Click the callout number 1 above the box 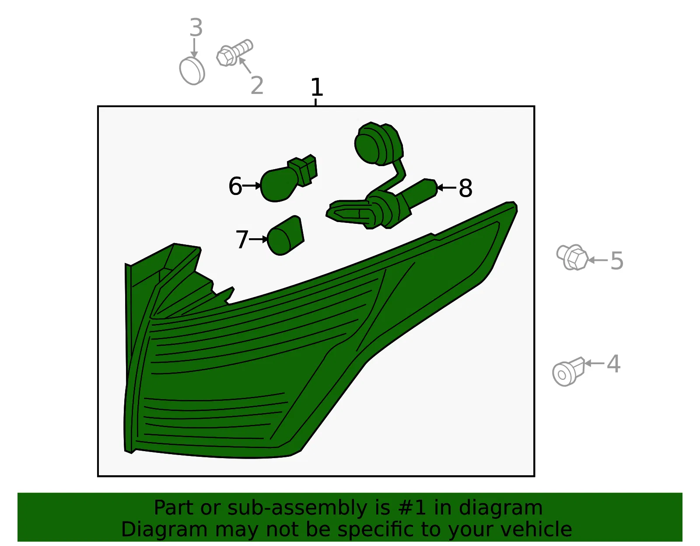click(x=317, y=87)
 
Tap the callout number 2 click(x=257, y=86)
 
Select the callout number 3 click(x=196, y=28)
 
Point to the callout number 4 click(x=613, y=364)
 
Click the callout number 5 click(x=617, y=261)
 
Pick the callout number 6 click(x=235, y=186)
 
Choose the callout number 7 click(x=242, y=240)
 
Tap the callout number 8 click(x=465, y=188)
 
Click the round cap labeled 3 click(x=192, y=71)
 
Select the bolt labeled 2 click(x=234, y=53)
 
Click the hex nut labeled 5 click(x=572, y=257)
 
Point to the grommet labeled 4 click(x=569, y=372)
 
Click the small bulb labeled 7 click(x=286, y=236)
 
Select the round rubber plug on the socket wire click(x=378, y=144)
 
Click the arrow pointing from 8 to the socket click(x=446, y=188)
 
